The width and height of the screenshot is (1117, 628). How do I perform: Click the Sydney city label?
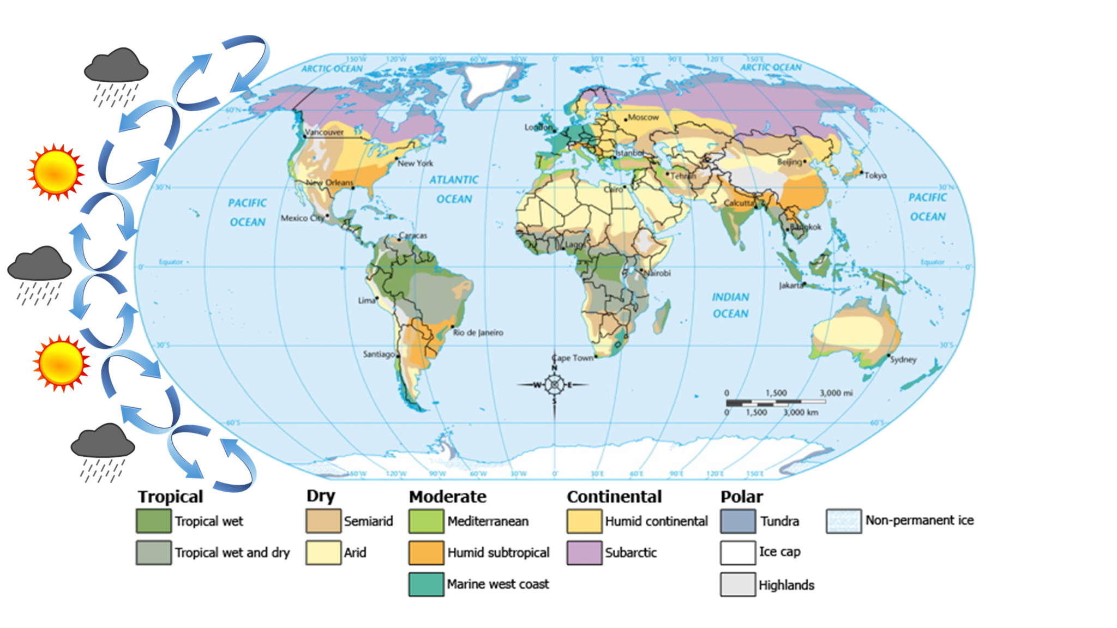903,359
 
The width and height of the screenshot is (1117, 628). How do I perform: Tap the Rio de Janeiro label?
478,333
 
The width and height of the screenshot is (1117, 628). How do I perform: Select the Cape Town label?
573,358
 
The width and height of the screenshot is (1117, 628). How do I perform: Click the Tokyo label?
875,176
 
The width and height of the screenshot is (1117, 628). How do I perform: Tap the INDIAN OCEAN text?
730,305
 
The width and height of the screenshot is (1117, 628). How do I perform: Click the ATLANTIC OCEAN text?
454,189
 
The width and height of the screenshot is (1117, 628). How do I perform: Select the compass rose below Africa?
554,385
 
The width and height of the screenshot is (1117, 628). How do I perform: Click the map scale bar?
775,402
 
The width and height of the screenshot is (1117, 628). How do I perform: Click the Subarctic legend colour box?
584,553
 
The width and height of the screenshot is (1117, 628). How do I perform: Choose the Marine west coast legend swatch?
426,584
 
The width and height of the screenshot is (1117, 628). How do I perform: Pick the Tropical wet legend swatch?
153,521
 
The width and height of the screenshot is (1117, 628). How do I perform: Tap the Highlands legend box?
737,584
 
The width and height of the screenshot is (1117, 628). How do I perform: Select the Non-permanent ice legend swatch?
843,521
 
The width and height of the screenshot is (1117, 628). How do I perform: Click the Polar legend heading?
741,497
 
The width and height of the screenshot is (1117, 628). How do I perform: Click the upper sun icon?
56,172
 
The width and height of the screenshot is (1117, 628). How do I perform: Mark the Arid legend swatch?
323,553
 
